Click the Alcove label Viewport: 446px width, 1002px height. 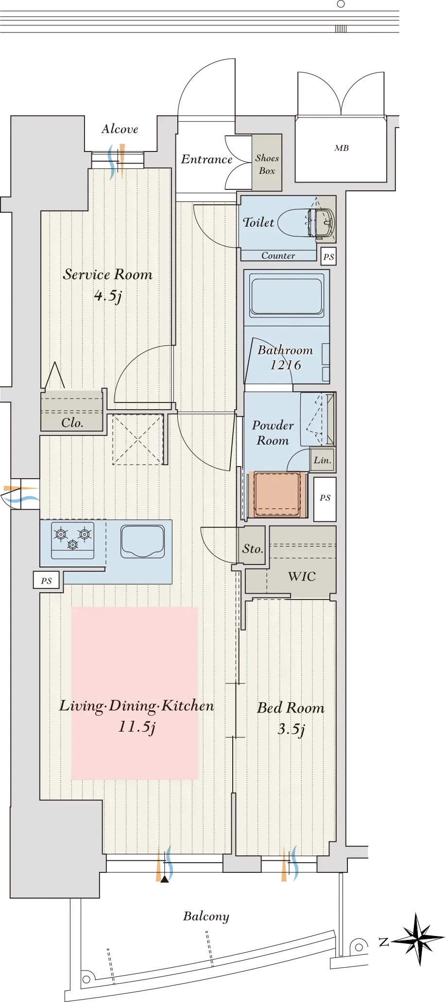pos(120,129)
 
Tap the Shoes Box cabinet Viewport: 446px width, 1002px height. pos(267,162)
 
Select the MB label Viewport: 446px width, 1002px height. pos(342,148)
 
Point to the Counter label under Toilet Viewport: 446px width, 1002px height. pos(278,255)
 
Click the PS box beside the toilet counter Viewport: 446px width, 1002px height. pos(328,256)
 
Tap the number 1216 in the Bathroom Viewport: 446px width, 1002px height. pos(286,365)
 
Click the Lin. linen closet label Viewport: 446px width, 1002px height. pos(323,460)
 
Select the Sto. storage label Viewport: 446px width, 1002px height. pos(253,549)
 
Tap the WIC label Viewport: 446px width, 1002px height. pos(302,576)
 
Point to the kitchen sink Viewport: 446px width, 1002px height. pos(143,541)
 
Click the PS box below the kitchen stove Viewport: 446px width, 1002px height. pos(47,580)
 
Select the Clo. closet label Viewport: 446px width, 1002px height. pos(72,422)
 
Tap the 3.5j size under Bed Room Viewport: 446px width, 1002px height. pos(292,729)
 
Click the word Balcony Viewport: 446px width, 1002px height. pos(206,916)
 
